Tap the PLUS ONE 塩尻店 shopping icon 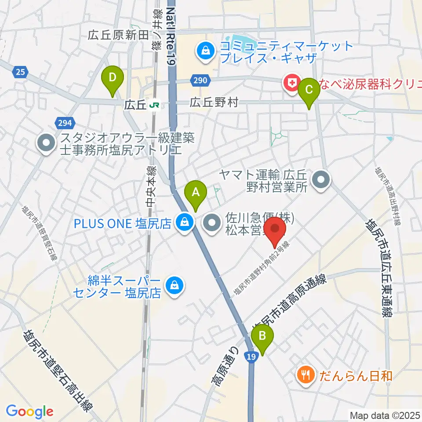[x=183, y=223]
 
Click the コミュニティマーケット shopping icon [x=205, y=51]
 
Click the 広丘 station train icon [x=153, y=105]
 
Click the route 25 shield [x=20, y=72]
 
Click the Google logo [x=29, y=411]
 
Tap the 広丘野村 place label [x=214, y=103]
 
